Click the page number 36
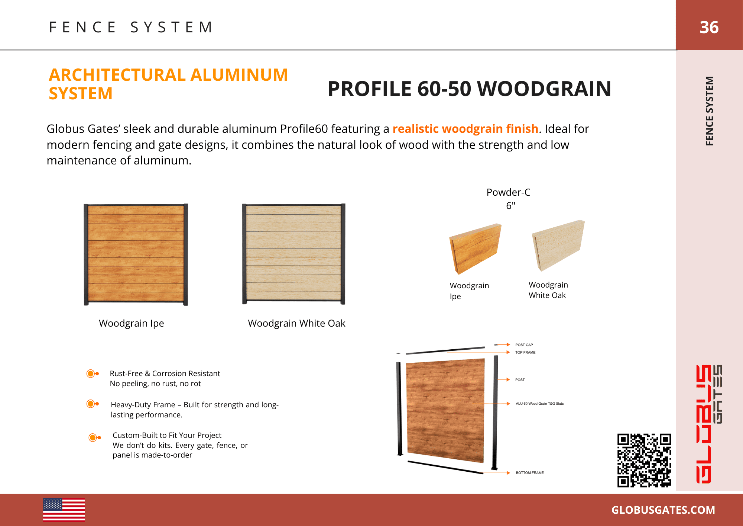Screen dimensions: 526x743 tap(709, 27)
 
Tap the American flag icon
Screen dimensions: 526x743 tap(64, 510)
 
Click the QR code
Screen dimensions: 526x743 tap(644, 460)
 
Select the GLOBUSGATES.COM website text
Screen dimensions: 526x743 tap(663, 510)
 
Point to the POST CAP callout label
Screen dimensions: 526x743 tap(524, 345)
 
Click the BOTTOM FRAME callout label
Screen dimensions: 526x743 tap(529, 473)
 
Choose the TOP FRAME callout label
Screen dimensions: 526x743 tap(525, 352)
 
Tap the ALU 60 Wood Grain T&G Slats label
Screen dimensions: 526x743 tap(539, 404)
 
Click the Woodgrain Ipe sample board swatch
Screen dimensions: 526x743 tap(475, 248)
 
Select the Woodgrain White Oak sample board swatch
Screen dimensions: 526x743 tap(558, 245)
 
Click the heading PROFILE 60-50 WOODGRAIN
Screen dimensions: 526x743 tap(469, 89)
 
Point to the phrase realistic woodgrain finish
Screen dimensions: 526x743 tap(465, 129)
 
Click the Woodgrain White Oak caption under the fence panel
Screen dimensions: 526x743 tap(296, 323)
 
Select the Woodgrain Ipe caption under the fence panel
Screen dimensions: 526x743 tap(131, 323)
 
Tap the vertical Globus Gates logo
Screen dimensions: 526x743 tap(709, 424)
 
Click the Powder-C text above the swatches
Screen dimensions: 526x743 tap(508, 192)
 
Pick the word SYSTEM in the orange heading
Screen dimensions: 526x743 tap(81, 93)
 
